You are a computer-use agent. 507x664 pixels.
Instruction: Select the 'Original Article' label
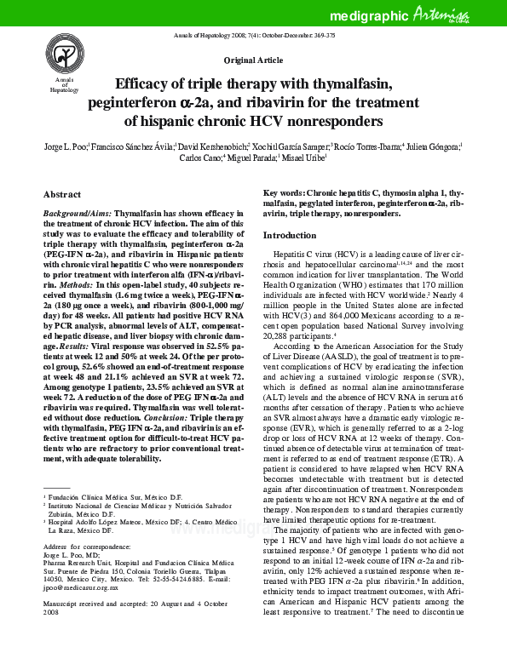point(253,62)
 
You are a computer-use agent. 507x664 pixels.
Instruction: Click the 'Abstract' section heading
point(62,194)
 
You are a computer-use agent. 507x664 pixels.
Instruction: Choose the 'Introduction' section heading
point(289,235)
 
